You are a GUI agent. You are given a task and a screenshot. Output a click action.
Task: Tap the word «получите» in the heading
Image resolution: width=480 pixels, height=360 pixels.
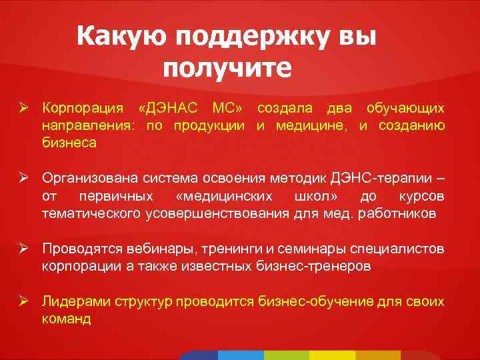[227, 69]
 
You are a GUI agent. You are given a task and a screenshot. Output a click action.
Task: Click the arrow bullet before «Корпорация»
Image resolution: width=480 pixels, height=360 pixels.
[23, 108]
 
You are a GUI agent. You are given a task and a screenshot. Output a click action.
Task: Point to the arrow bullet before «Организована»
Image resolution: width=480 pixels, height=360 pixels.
[23, 179]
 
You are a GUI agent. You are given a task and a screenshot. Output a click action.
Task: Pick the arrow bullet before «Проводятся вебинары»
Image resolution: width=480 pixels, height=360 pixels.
[23, 249]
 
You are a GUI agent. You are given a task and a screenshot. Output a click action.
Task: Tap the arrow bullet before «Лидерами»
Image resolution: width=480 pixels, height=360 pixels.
[23, 302]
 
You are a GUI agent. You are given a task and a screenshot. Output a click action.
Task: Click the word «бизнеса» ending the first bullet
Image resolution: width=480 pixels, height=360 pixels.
[69, 143]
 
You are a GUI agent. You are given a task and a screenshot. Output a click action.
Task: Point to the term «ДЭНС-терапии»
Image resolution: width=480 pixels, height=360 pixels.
[387, 179]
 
